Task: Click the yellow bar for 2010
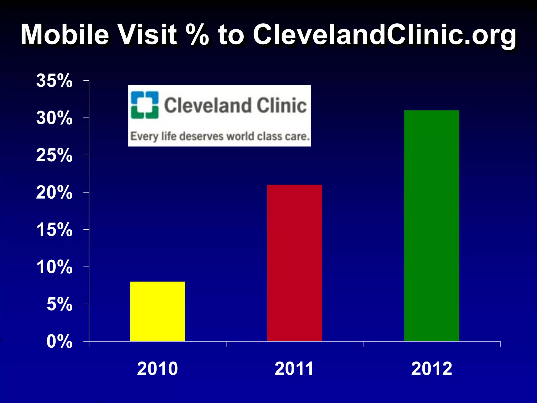[x=158, y=311]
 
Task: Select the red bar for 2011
[x=294, y=263]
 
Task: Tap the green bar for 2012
[x=432, y=226]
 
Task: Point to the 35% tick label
[x=54, y=81]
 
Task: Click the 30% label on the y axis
[x=54, y=118]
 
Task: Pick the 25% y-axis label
[x=54, y=155]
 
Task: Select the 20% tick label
[x=54, y=193]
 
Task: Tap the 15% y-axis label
[x=54, y=230]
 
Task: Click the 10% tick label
[x=54, y=267]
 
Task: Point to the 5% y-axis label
[x=60, y=304]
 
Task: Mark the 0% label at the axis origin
[x=60, y=342]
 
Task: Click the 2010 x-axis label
[x=157, y=369]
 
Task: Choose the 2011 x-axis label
[x=294, y=369]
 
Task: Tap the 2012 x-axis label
[x=432, y=369]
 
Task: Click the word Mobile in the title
[x=65, y=35]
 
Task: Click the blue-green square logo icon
[x=145, y=105]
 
